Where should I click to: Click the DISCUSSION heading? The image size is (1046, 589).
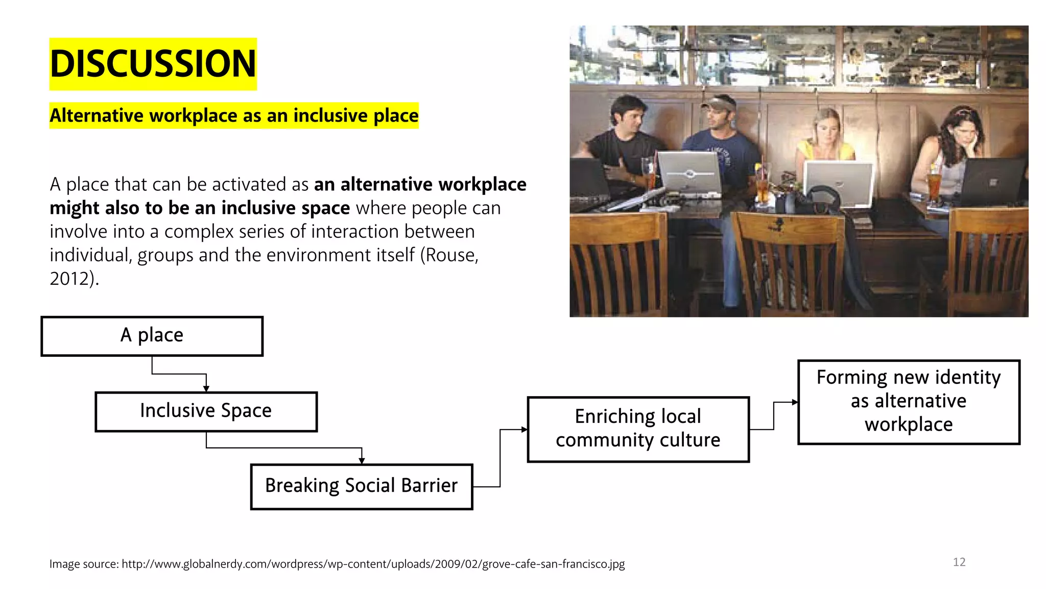[153, 64]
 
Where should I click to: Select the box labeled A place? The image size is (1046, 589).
[152, 336]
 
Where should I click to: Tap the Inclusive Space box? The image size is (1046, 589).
[206, 412]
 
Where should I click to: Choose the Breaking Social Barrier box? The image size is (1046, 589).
[362, 486]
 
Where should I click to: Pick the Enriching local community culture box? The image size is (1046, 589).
[638, 429]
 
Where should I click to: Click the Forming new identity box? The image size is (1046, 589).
[909, 402]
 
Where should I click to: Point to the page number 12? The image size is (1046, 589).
[959, 562]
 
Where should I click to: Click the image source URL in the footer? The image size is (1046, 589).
[373, 564]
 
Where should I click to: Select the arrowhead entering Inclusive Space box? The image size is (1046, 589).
[206, 389]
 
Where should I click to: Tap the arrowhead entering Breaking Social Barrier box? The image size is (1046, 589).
[362, 461]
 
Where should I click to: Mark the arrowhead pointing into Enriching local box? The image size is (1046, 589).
[524, 429]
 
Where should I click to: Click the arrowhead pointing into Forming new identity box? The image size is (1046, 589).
[795, 402]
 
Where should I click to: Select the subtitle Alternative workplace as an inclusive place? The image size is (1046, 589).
[234, 116]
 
